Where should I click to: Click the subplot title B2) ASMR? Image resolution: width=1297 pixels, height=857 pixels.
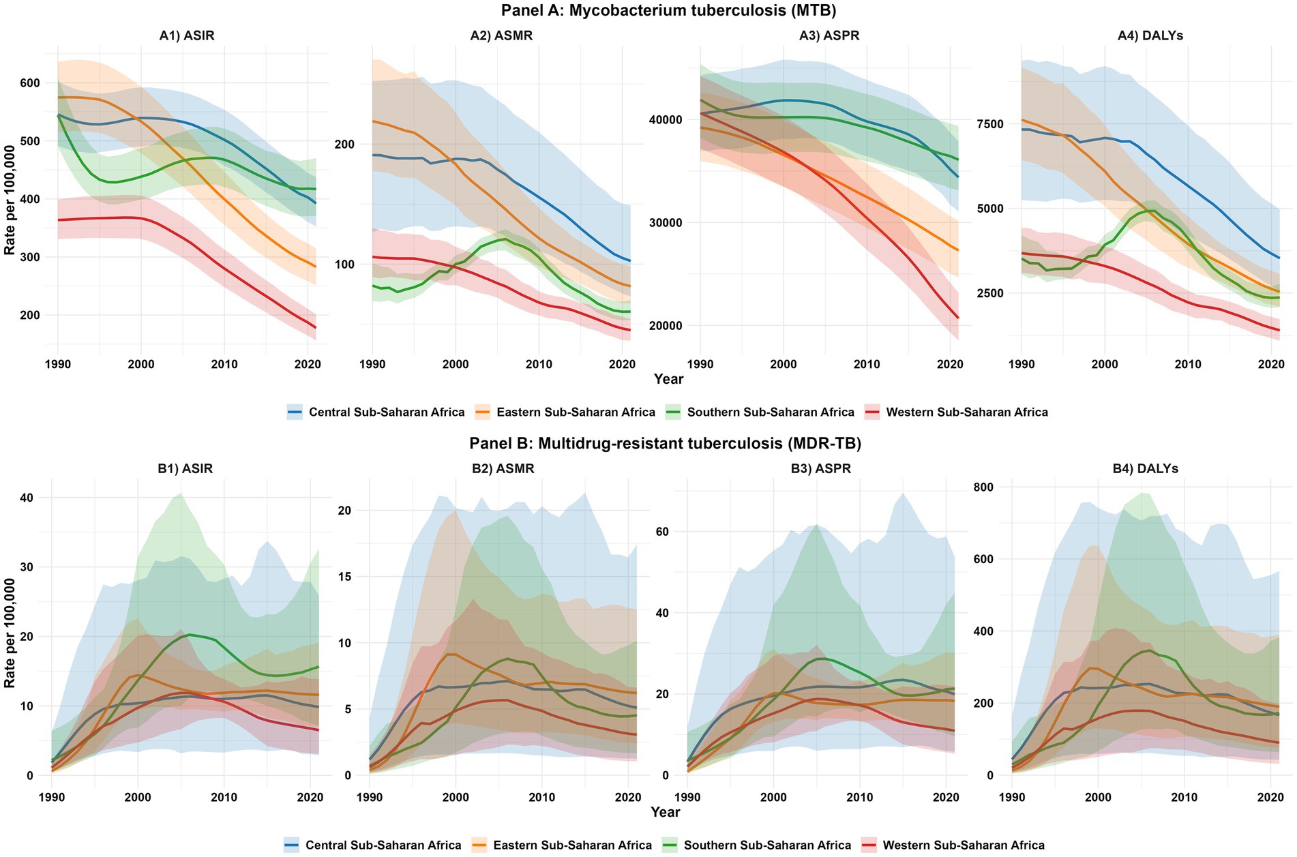tap(503, 469)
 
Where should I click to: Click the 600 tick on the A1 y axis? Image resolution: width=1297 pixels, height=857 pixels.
tap(31, 83)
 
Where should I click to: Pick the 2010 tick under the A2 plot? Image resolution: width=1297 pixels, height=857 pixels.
tap(539, 364)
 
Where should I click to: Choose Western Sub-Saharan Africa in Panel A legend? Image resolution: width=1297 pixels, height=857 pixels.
tap(966, 412)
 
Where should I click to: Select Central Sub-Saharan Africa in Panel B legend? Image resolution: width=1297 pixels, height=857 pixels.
tap(383, 845)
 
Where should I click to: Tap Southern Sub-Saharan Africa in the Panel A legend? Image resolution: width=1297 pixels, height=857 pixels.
tap(771, 412)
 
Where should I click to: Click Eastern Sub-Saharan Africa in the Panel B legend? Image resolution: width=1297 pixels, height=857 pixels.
tap(572, 845)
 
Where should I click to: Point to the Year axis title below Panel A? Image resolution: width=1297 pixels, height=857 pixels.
tap(668, 379)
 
